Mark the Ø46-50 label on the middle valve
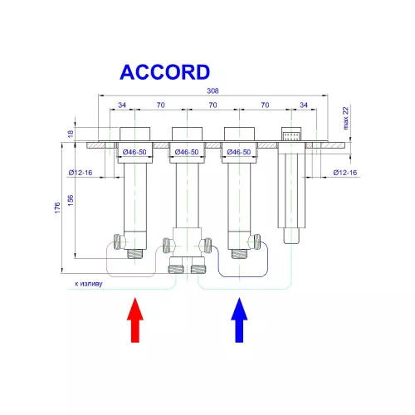pos(187,153)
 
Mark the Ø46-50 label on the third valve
pos(239,153)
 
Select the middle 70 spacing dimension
pos(212,106)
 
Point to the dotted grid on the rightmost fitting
pos(290,134)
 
